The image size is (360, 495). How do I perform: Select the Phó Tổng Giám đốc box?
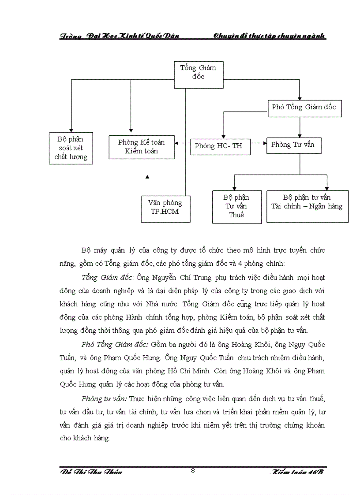click(304, 108)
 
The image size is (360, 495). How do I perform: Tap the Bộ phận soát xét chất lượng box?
click(71, 148)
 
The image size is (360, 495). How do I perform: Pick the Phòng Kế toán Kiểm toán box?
click(141, 147)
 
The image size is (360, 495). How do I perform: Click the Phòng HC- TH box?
click(220, 146)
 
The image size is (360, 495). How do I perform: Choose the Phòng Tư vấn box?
click(293, 145)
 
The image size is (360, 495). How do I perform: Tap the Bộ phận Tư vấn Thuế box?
click(236, 206)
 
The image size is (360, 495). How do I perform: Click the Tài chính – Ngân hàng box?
click(307, 206)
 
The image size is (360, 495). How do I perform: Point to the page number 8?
click(193, 470)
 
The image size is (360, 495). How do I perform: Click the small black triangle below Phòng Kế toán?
click(147, 177)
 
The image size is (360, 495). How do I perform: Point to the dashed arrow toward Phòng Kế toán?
click(182, 143)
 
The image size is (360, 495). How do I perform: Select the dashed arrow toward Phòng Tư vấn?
click(259, 143)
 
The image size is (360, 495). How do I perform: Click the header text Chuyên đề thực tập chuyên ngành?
click(269, 36)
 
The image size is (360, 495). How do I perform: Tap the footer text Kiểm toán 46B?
click(298, 472)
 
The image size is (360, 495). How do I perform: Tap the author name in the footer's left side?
click(91, 472)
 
